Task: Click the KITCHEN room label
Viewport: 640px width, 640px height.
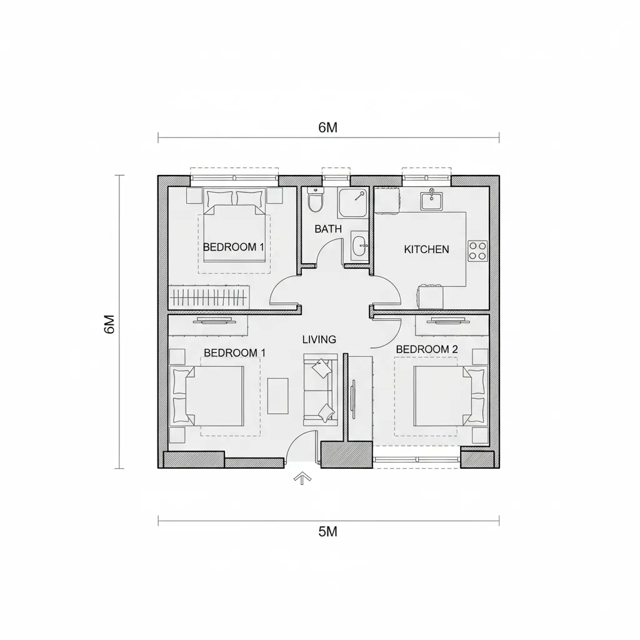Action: (x=426, y=249)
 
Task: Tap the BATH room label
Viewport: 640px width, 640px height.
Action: (x=327, y=229)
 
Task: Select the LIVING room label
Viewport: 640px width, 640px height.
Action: (x=319, y=339)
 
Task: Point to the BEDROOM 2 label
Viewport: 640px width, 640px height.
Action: (x=426, y=349)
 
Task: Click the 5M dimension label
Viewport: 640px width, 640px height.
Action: (x=327, y=531)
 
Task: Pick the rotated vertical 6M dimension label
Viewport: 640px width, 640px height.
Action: (x=110, y=324)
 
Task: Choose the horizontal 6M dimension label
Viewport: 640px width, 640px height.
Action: (x=327, y=127)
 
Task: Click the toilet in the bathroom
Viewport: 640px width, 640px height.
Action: (x=315, y=199)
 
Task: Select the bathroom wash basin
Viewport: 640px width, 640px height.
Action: (x=359, y=246)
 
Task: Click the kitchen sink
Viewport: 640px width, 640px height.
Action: (x=431, y=199)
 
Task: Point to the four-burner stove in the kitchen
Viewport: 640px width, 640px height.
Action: (x=477, y=251)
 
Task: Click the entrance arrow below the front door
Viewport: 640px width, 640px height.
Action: (x=302, y=478)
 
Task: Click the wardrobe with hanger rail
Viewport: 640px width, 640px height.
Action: (x=209, y=297)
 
